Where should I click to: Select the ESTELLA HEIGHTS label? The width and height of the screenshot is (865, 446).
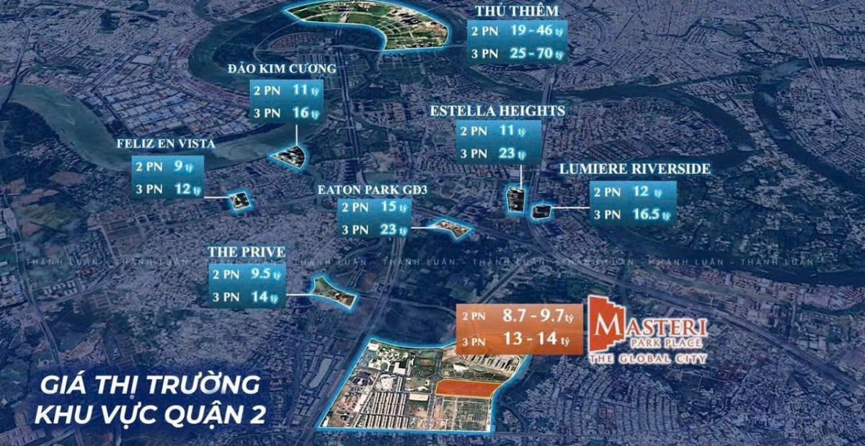pyautogui.click(x=497, y=110)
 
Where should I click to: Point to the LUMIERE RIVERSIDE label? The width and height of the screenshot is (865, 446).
pyautogui.click(x=634, y=169)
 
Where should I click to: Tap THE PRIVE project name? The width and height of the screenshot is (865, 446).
pyautogui.click(x=247, y=251)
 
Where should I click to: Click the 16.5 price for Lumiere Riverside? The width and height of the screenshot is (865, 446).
pyautogui.click(x=642, y=214)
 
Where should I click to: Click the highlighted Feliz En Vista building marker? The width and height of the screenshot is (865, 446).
pyautogui.click(x=239, y=201)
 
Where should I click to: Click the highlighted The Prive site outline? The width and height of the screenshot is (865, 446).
pyautogui.click(x=333, y=290)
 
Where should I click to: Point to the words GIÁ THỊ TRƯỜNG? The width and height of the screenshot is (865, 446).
pyautogui.click(x=150, y=385)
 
